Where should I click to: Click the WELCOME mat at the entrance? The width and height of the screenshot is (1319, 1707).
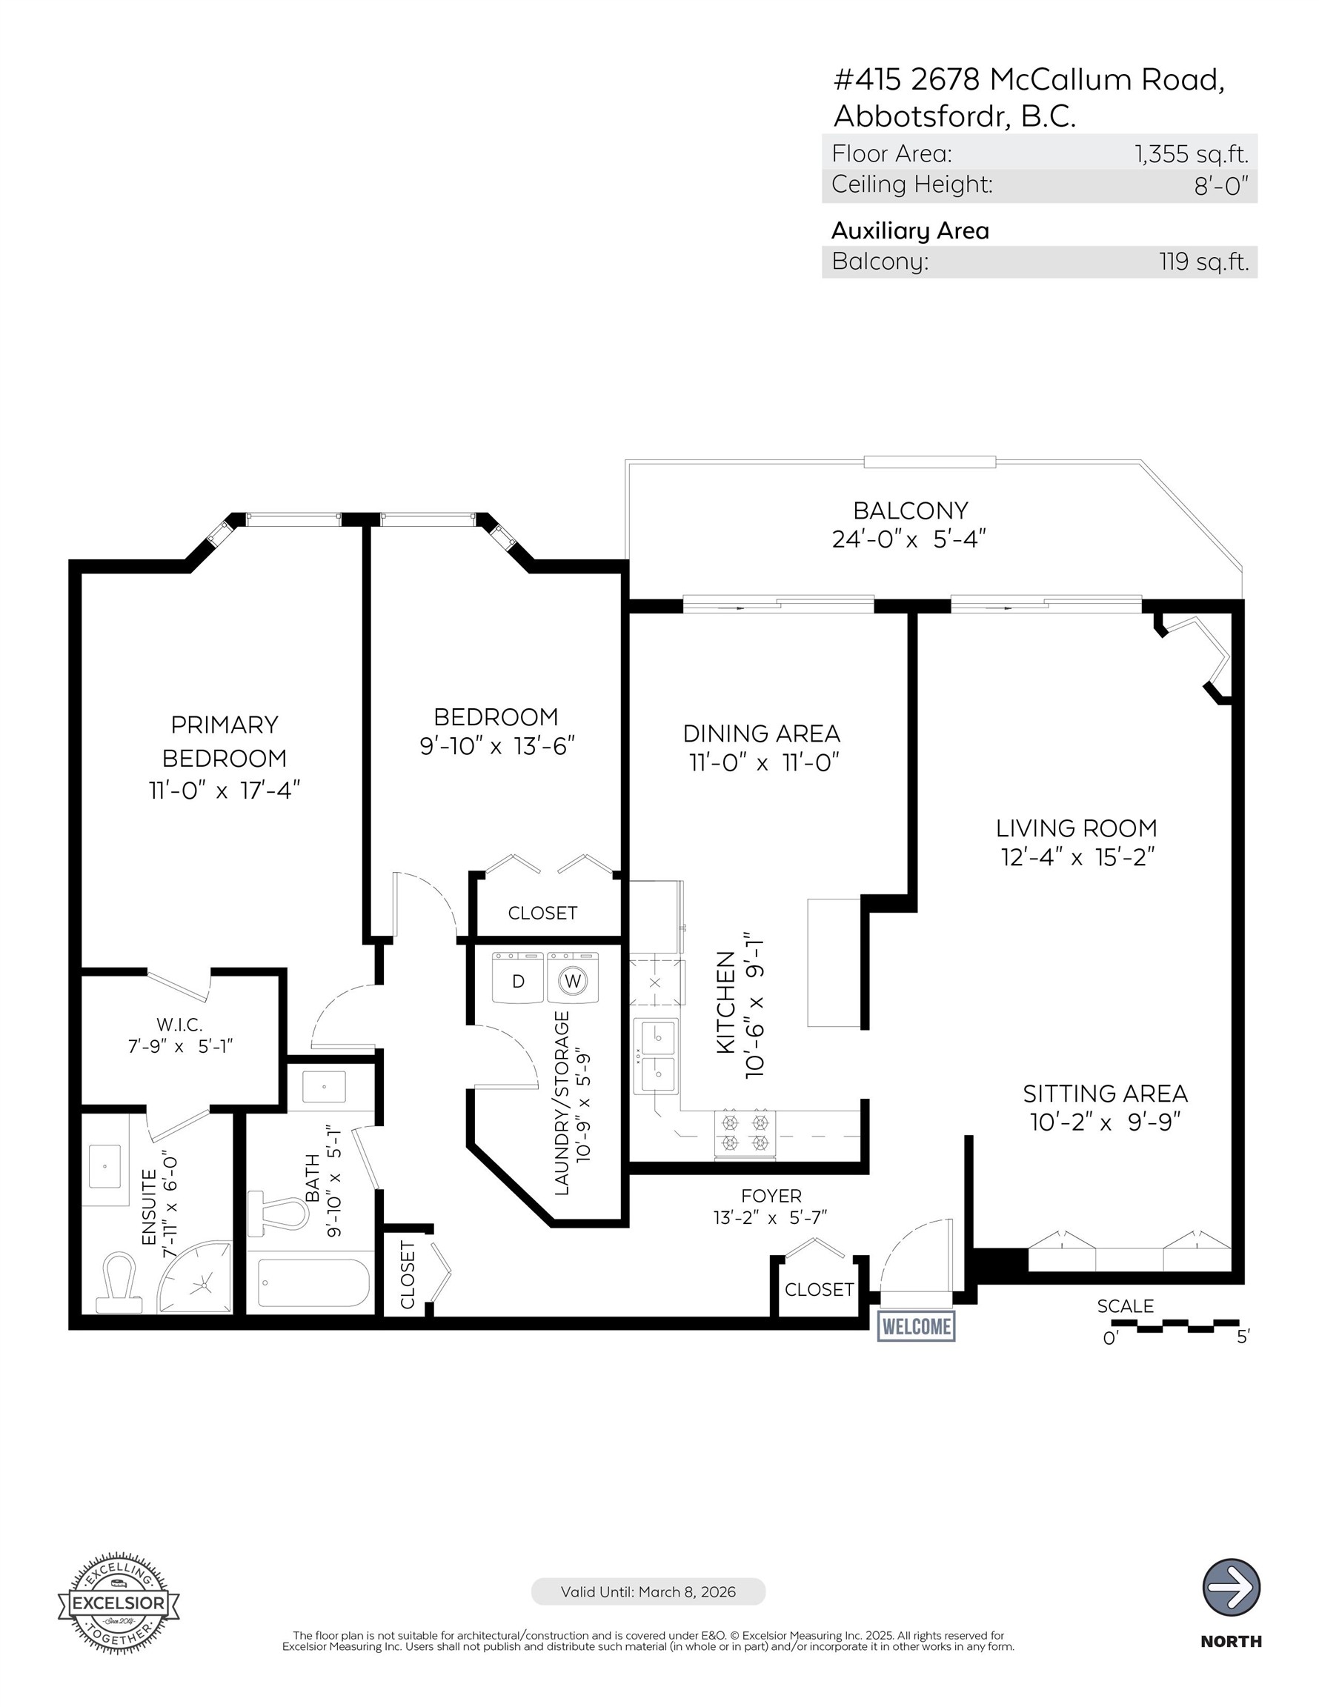pyautogui.click(x=916, y=1326)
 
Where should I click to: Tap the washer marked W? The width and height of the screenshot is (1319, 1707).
pyautogui.click(x=573, y=979)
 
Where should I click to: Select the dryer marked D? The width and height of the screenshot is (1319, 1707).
pyautogui.click(x=517, y=979)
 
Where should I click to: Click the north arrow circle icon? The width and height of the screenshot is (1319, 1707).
pyautogui.click(x=1231, y=1588)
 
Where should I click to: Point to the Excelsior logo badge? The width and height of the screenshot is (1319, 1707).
pyautogui.click(x=118, y=1603)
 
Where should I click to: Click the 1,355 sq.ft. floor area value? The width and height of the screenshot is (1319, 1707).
pyautogui.click(x=1191, y=153)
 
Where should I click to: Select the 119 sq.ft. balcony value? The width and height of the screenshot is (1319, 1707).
pyautogui.click(x=1203, y=261)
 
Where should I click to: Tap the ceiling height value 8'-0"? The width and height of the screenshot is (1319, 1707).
pyautogui.click(x=1220, y=186)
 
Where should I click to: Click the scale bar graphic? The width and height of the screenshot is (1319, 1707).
pyautogui.click(x=1174, y=1326)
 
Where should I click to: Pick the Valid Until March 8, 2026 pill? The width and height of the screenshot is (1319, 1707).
pyautogui.click(x=648, y=1591)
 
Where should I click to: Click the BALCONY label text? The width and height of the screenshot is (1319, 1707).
pyautogui.click(x=910, y=510)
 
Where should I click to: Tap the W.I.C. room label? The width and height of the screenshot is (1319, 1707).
pyautogui.click(x=179, y=1023)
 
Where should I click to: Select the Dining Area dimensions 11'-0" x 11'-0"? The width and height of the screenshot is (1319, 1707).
pyautogui.click(x=763, y=762)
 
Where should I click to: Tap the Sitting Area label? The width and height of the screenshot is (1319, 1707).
pyautogui.click(x=1104, y=1093)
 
